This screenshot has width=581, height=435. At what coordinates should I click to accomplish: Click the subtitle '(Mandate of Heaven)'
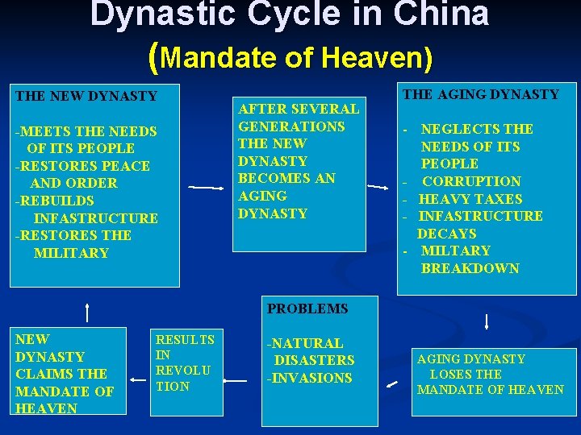pos(291,56)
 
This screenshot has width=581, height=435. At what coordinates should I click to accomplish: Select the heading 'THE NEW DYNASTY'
pos(86,97)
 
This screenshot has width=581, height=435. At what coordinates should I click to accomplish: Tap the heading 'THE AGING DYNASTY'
pos(481,95)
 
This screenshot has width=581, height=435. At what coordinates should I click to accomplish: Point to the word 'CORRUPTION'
pos(471,182)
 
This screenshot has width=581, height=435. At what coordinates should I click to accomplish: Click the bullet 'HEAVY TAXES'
pos(470,199)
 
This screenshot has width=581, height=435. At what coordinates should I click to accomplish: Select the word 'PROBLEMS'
pos(307,309)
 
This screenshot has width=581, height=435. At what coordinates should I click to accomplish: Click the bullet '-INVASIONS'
pos(310,378)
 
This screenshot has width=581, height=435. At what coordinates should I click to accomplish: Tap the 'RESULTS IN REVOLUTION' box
pos(185,363)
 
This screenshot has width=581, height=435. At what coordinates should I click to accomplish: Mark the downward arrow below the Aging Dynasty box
pos(487,321)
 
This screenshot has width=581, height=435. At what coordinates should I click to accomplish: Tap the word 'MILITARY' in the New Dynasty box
pos(71,253)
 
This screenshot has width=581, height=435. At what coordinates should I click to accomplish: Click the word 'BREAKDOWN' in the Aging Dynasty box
pos(470,268)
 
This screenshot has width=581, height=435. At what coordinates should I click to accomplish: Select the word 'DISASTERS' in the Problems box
pos(314,360)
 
